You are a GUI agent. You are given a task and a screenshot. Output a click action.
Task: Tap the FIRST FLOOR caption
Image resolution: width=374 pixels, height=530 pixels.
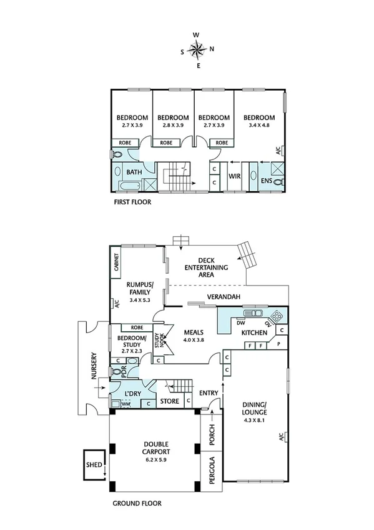click(x=132, y=202)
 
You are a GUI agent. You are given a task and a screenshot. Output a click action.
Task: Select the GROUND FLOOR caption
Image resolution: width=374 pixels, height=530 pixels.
click(x=137, y=502)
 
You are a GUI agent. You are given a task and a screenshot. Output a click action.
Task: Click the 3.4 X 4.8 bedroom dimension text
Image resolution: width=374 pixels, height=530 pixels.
click(x=258, y=125)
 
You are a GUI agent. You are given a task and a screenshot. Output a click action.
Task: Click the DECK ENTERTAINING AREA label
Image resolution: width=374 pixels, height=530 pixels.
click(x=205, y=267)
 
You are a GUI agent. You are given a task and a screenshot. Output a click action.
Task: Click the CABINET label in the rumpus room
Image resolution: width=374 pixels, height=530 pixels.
click(x=117, y=262)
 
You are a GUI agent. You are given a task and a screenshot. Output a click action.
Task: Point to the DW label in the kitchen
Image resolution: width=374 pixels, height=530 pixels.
click(x=240, y=323)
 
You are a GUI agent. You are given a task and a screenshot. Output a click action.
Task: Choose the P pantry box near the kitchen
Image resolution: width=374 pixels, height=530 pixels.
click(x=278, y=344)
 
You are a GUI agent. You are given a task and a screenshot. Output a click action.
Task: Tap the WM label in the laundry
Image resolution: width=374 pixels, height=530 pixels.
click(x=125, y=404)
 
